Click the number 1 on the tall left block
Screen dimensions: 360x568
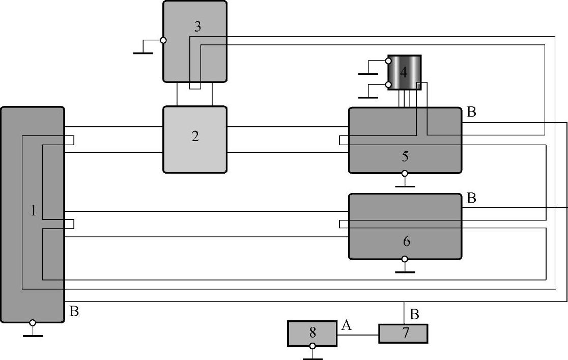coord(34,210)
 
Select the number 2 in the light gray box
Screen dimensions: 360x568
coord(195,136)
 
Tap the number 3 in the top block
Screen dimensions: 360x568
coord(197,26)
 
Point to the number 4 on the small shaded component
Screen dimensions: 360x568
coord(403,72)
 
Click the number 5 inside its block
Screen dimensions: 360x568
coord(405,156)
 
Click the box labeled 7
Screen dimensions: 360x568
coord(403,334)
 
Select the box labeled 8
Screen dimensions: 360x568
coord(312,333)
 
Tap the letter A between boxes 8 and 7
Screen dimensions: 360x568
coord(347,326)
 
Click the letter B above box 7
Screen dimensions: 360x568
coord(414,315)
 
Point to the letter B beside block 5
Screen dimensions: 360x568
coord(471,113)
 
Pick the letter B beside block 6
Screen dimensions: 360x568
coord(471,198)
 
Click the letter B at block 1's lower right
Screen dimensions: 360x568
coord(74,311)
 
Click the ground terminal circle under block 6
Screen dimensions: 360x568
coord(405,259)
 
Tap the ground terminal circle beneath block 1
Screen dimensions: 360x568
coord(33,323)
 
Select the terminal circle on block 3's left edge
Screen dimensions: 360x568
coord(163,40)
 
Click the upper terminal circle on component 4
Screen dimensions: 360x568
coord(388,61)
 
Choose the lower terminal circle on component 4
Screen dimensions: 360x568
coord(388,85)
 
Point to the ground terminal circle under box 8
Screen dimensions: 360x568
coord(312,346)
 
